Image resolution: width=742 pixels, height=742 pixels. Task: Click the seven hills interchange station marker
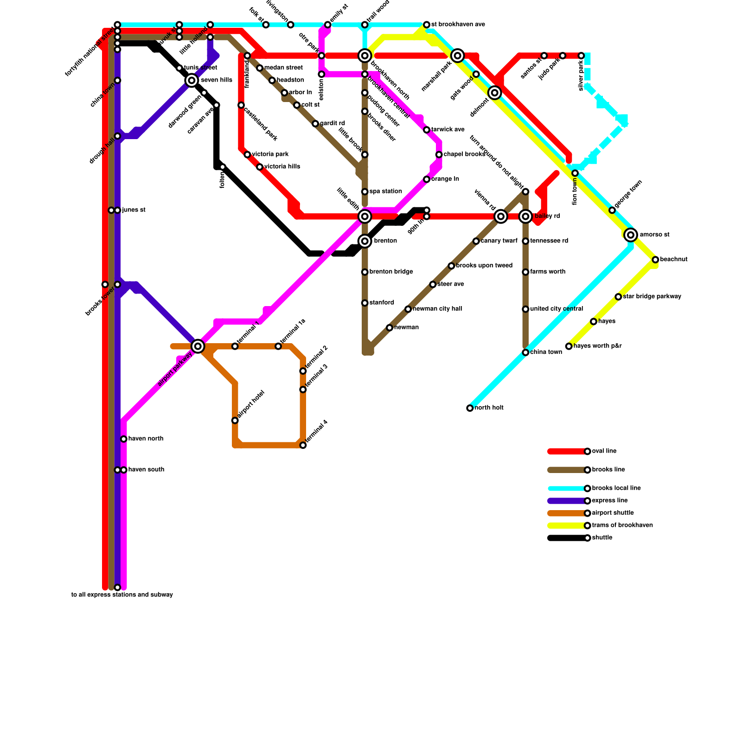(192, 81)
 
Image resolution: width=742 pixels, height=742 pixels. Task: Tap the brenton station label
(385, 241)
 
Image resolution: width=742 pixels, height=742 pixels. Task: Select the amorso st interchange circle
(630, 235)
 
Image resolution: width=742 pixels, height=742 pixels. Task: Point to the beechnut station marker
(655, 260)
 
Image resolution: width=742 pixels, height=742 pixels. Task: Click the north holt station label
(489, 408)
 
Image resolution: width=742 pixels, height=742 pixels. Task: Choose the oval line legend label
(604, 451)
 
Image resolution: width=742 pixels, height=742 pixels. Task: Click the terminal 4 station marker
(303, 445)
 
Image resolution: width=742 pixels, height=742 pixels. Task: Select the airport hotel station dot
(235, 421)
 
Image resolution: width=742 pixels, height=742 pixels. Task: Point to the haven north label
(146, 439)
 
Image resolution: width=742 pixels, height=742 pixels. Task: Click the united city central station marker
(525, 309)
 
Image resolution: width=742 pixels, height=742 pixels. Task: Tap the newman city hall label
(437, 309)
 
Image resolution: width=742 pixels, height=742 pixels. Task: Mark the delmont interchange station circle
(495, 93)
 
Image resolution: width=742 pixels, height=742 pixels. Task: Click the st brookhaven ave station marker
(427, 25)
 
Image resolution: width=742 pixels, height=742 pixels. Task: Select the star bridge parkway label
(652, 297)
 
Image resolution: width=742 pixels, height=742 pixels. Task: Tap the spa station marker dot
(365, 192)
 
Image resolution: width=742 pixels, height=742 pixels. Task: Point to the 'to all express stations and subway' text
(122, 595)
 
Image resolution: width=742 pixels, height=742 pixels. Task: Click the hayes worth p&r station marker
(569, 346)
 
